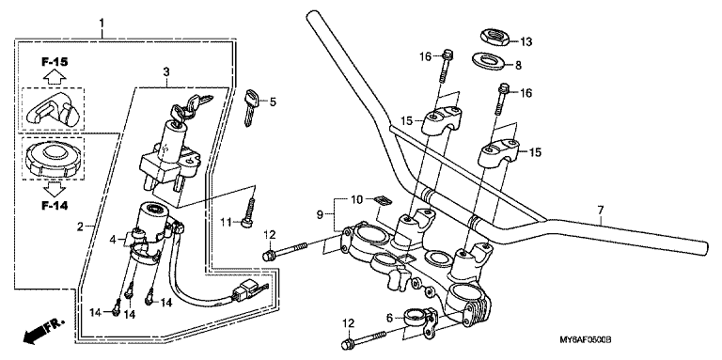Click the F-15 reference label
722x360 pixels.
coord(54,61)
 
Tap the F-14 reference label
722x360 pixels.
coord(54,206)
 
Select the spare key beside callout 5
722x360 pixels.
coord(251,107)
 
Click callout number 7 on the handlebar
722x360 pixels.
coord(601,211)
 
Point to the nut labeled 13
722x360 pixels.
coord(494,37)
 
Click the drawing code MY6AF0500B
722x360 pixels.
coord(585,340)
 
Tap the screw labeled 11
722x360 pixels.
coord(249,211)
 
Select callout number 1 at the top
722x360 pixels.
coord(102,23)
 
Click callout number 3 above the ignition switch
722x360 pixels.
coord(166,71)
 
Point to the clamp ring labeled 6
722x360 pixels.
coord(420,320)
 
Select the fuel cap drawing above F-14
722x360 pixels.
coord(53,158)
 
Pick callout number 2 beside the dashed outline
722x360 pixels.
coord(80,227)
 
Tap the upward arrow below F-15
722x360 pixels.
coord(55,76)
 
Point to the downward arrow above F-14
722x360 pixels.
coord(55,189)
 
